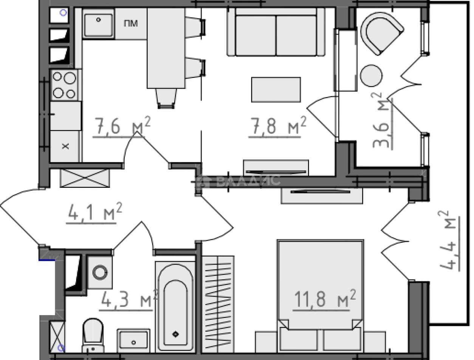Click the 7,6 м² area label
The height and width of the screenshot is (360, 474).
click(x=122, y=126)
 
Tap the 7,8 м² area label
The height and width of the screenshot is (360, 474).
click(x=278, y=126)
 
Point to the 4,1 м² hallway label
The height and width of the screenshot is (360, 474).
click(x=95, y=211)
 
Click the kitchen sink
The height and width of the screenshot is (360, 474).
click(x=99, y=25)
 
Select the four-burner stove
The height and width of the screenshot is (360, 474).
click(x=65, y=85)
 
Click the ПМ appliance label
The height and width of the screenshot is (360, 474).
click(x=131, y=23)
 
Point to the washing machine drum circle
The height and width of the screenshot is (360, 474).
click(x=100, y=272)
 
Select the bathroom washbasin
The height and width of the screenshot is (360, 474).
click(x=133, y=341)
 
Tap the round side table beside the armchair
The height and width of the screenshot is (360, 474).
click(x=371, y=76)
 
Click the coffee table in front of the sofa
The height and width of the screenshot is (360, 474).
click(x=276, y=90)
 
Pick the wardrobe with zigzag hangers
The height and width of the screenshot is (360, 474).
click(x=218, y=305)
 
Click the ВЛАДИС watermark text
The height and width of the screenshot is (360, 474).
click(x=248, y=181)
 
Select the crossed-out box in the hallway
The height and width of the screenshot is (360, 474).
click(x=85, y=178)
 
